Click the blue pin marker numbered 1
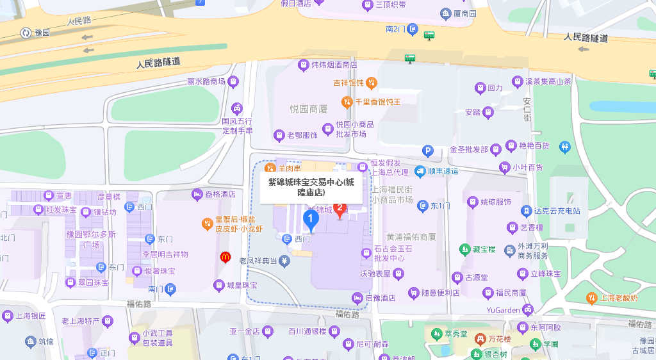[x=311, y=220]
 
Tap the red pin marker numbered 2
[x=340, y=209]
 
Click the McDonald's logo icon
[x=225, y=258]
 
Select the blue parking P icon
[x=428, y=151]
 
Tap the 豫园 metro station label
[x=42, y=33]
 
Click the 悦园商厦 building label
[x=308, y=109]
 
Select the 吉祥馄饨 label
[x=348, y=83]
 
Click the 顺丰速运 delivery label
[x=443, y=171]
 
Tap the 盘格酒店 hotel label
[x=220, y=194]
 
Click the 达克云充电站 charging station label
[x=557, y=210]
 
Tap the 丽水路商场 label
[x=206, y=81]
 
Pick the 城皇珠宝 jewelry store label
[x=242, y=285]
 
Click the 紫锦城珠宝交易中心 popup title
[x=311, y=186]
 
